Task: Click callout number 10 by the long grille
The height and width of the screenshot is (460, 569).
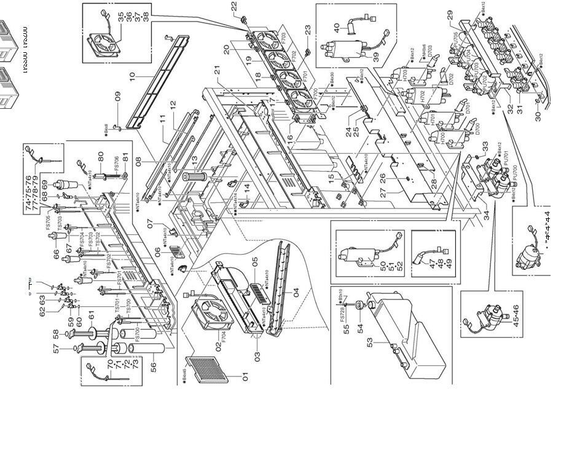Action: (x=131, y=78)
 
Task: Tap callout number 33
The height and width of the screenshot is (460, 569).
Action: (x=485, y=148)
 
